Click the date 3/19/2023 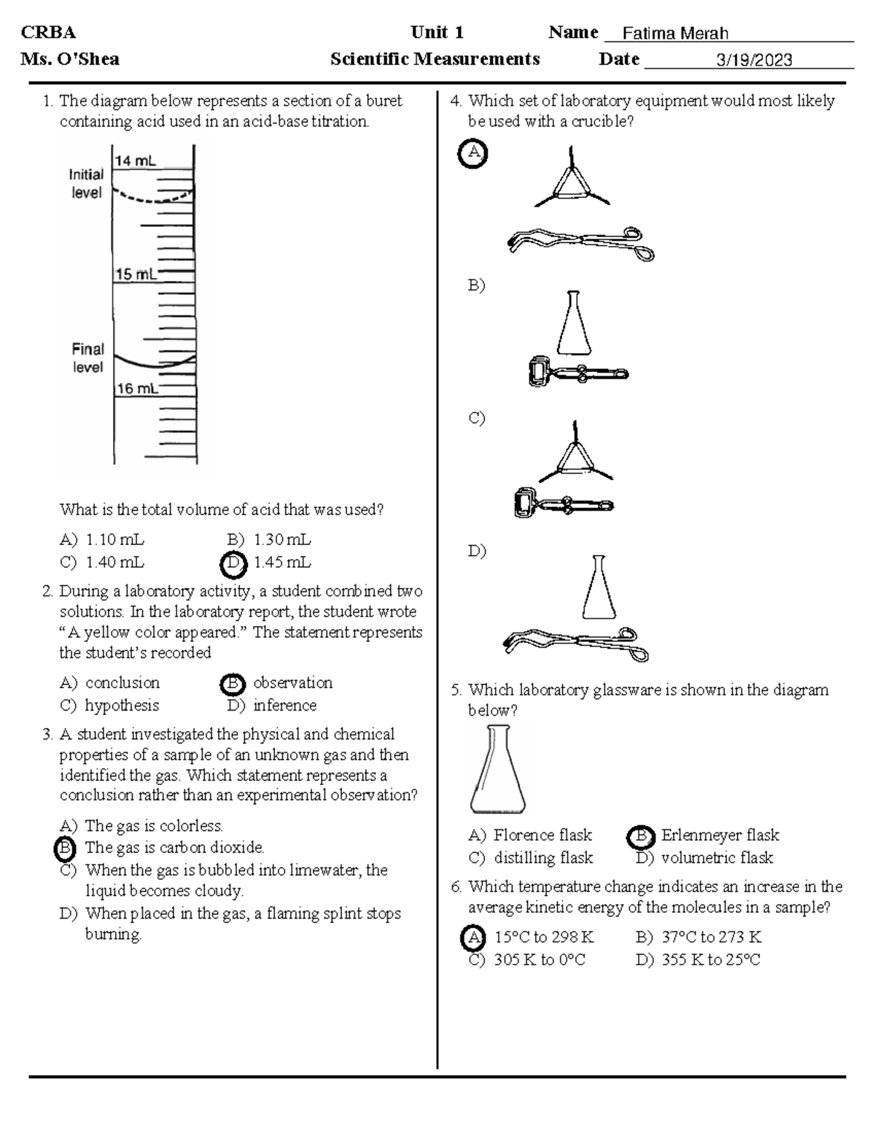click(754, 61)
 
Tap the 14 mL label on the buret click(134, 161)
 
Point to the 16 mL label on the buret click(136, 389)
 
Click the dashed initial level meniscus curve click(153, 197)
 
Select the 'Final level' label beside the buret click(87, 357)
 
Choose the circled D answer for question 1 click(233, 563)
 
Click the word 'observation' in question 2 click(292, 683)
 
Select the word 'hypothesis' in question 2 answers click(122, 705)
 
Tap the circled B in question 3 click(66, 848)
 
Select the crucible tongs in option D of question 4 click(576, 642)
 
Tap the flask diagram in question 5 click(497, 770)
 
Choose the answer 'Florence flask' click(542, 835)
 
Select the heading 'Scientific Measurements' click(435, 60)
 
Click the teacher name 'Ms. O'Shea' click(70, 60)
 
